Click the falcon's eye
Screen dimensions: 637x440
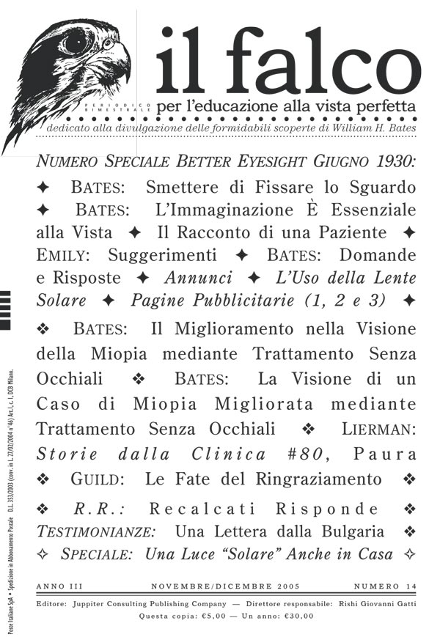76,41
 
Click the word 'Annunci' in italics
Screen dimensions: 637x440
198,279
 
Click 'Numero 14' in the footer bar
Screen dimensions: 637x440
386,587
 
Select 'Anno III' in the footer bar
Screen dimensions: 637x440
61,587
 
